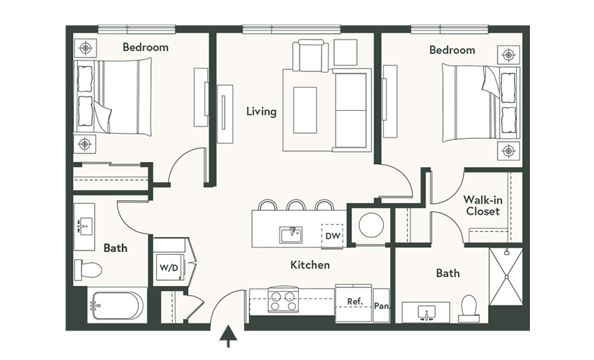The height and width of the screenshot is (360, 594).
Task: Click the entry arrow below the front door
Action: (x=228, y=336)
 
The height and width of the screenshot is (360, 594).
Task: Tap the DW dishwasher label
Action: (x=333, y=236)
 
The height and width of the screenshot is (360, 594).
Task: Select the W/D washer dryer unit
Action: (x=169, y=268)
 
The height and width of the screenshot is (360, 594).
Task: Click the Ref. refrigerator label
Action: (x=355, y=302)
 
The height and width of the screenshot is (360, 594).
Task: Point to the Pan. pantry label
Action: (x=382, y=306)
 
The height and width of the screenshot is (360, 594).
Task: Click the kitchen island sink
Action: (x=291, y=235)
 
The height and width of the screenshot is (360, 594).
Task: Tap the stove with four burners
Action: (x=282, y=300)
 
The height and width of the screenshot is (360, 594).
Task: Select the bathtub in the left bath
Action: (x=116, y=305)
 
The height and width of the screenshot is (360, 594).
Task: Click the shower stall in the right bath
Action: (x=506, y=276)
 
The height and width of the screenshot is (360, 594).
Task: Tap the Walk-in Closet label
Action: (x=482, y=205)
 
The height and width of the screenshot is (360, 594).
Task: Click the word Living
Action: (x=261, y=112)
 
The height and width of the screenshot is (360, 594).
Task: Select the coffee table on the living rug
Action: (x=305, y=110)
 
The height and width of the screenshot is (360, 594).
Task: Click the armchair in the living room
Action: (x=310, y=55)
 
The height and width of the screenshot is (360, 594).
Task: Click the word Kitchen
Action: (x=310, y=264)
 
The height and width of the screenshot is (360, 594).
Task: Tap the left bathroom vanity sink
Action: (x=84, y=226)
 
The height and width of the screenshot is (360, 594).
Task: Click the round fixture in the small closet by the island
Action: (x=372, y=225)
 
